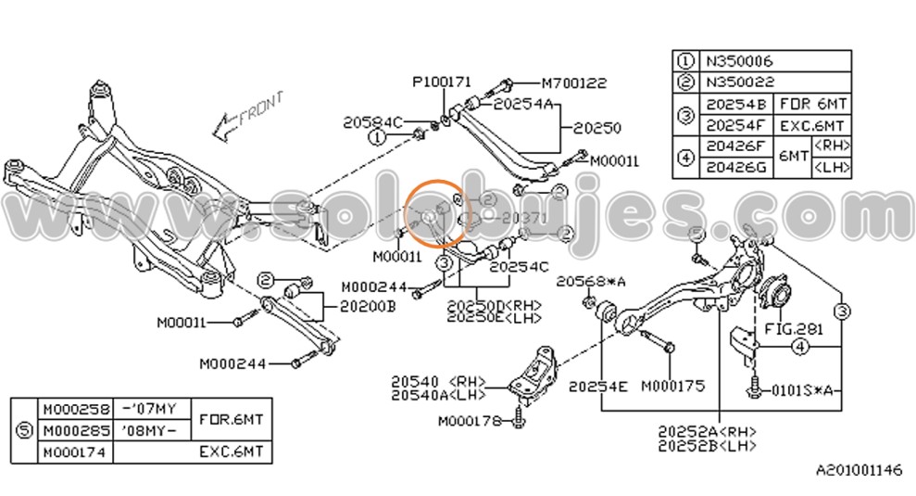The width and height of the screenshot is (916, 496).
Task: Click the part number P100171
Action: [x=442, y=83]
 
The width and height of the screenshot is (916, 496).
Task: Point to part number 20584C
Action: [x=373, y=121]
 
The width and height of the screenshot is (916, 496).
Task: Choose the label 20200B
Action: [x=367, y=305]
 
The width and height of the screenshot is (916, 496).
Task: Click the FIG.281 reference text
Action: [x=793, y=328]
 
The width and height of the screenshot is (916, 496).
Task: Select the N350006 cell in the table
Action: [x=738, y=61]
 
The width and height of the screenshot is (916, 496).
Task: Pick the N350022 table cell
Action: [x=738, y=82]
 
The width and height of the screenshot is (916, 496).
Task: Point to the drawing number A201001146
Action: [x=858, y=471]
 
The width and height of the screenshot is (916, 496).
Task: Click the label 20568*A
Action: [x=591, y=280]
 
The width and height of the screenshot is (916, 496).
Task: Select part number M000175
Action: [x=672, y=385]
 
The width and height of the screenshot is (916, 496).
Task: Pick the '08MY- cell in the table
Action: [x=151, y=430]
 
